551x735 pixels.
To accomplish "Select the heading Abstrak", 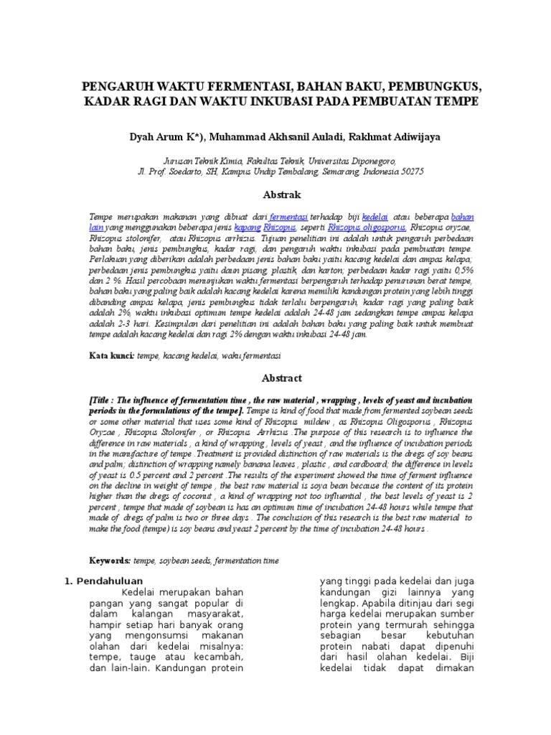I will pos(275,195).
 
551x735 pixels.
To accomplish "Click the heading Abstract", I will pos(275,378).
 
